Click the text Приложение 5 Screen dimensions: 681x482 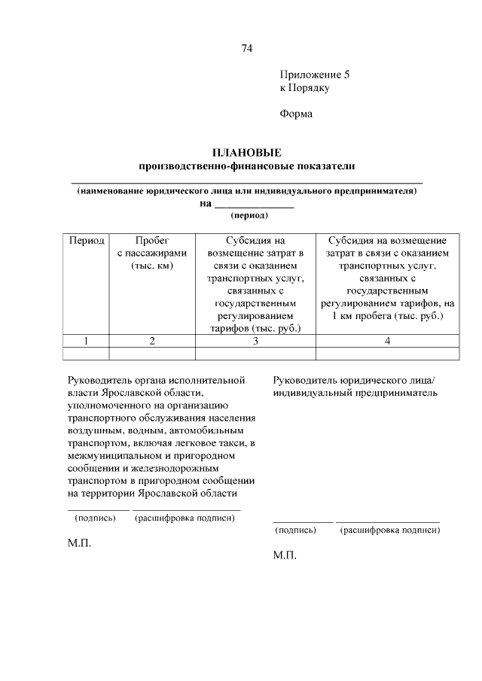coord(315,75)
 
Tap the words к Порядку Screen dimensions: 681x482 coord(304,88)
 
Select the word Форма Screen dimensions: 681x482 coord(295,114)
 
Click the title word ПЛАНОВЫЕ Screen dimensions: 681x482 coord(246,153)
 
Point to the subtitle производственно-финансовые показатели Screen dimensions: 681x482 coord(246,166)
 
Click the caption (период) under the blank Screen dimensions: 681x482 coord(249,215)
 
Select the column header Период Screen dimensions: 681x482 coord(87,241)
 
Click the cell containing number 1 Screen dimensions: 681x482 coord(87,341)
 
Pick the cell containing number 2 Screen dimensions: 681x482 coord(152,341)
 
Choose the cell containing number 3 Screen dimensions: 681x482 coord(255,341)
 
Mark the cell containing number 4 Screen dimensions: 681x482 coord(387,341)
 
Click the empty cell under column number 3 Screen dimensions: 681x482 coord(255,353)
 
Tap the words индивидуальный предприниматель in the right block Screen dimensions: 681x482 coord(355,393)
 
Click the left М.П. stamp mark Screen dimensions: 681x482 coord(79,543)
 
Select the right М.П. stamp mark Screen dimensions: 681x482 coord(285,556)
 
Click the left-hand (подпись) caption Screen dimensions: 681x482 coord(95,518)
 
